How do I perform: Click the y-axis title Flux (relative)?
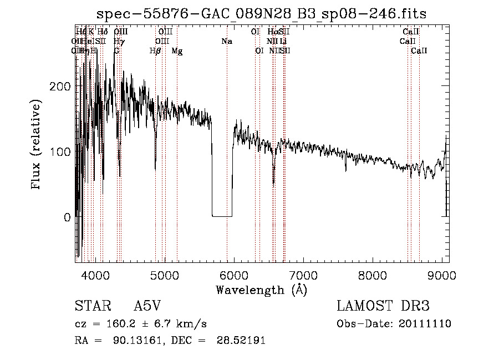(37, 145)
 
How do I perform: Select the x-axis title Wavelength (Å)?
(261, 290)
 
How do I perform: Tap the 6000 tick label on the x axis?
(233, 275)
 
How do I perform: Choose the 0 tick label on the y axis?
(67, 217)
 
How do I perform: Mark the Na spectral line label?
(226, 42)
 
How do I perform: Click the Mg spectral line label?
(177, 51)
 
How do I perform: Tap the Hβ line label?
(155, 51)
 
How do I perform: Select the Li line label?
(283, 42)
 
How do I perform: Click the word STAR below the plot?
(90, 306)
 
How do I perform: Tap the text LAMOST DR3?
(383, 306)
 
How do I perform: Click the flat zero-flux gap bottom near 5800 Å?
(222, 216)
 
